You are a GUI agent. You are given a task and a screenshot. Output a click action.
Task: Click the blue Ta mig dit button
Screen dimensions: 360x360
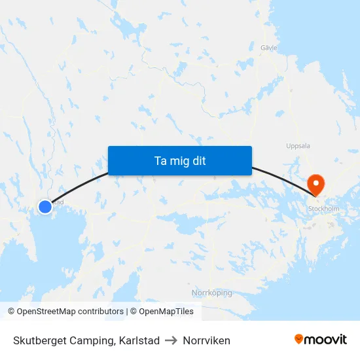click(180, 160)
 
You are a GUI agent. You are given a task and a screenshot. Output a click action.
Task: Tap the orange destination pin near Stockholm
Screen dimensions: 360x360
click(315, 184)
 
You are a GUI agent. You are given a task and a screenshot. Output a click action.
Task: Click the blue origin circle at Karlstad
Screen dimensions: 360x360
click(45, 207)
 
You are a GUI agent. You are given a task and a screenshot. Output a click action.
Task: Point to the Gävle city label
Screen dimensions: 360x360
click(269, 48)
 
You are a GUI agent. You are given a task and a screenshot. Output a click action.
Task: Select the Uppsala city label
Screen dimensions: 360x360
click(298, 146)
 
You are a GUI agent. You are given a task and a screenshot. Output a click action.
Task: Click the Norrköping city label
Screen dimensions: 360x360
click(211, 293)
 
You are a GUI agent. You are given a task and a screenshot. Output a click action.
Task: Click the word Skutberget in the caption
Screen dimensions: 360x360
click(41, 340)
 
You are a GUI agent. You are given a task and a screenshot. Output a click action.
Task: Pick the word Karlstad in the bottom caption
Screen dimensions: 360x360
click(139, 340)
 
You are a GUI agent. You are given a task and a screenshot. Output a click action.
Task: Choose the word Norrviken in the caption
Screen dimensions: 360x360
click(207, 340)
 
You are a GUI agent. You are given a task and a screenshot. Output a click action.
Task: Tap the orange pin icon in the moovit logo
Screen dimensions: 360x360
click(299, 339)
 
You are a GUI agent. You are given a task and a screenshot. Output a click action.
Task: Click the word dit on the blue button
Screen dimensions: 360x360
click(198, 160)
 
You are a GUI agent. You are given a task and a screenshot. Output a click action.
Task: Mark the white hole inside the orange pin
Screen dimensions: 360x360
click(315, 180)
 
